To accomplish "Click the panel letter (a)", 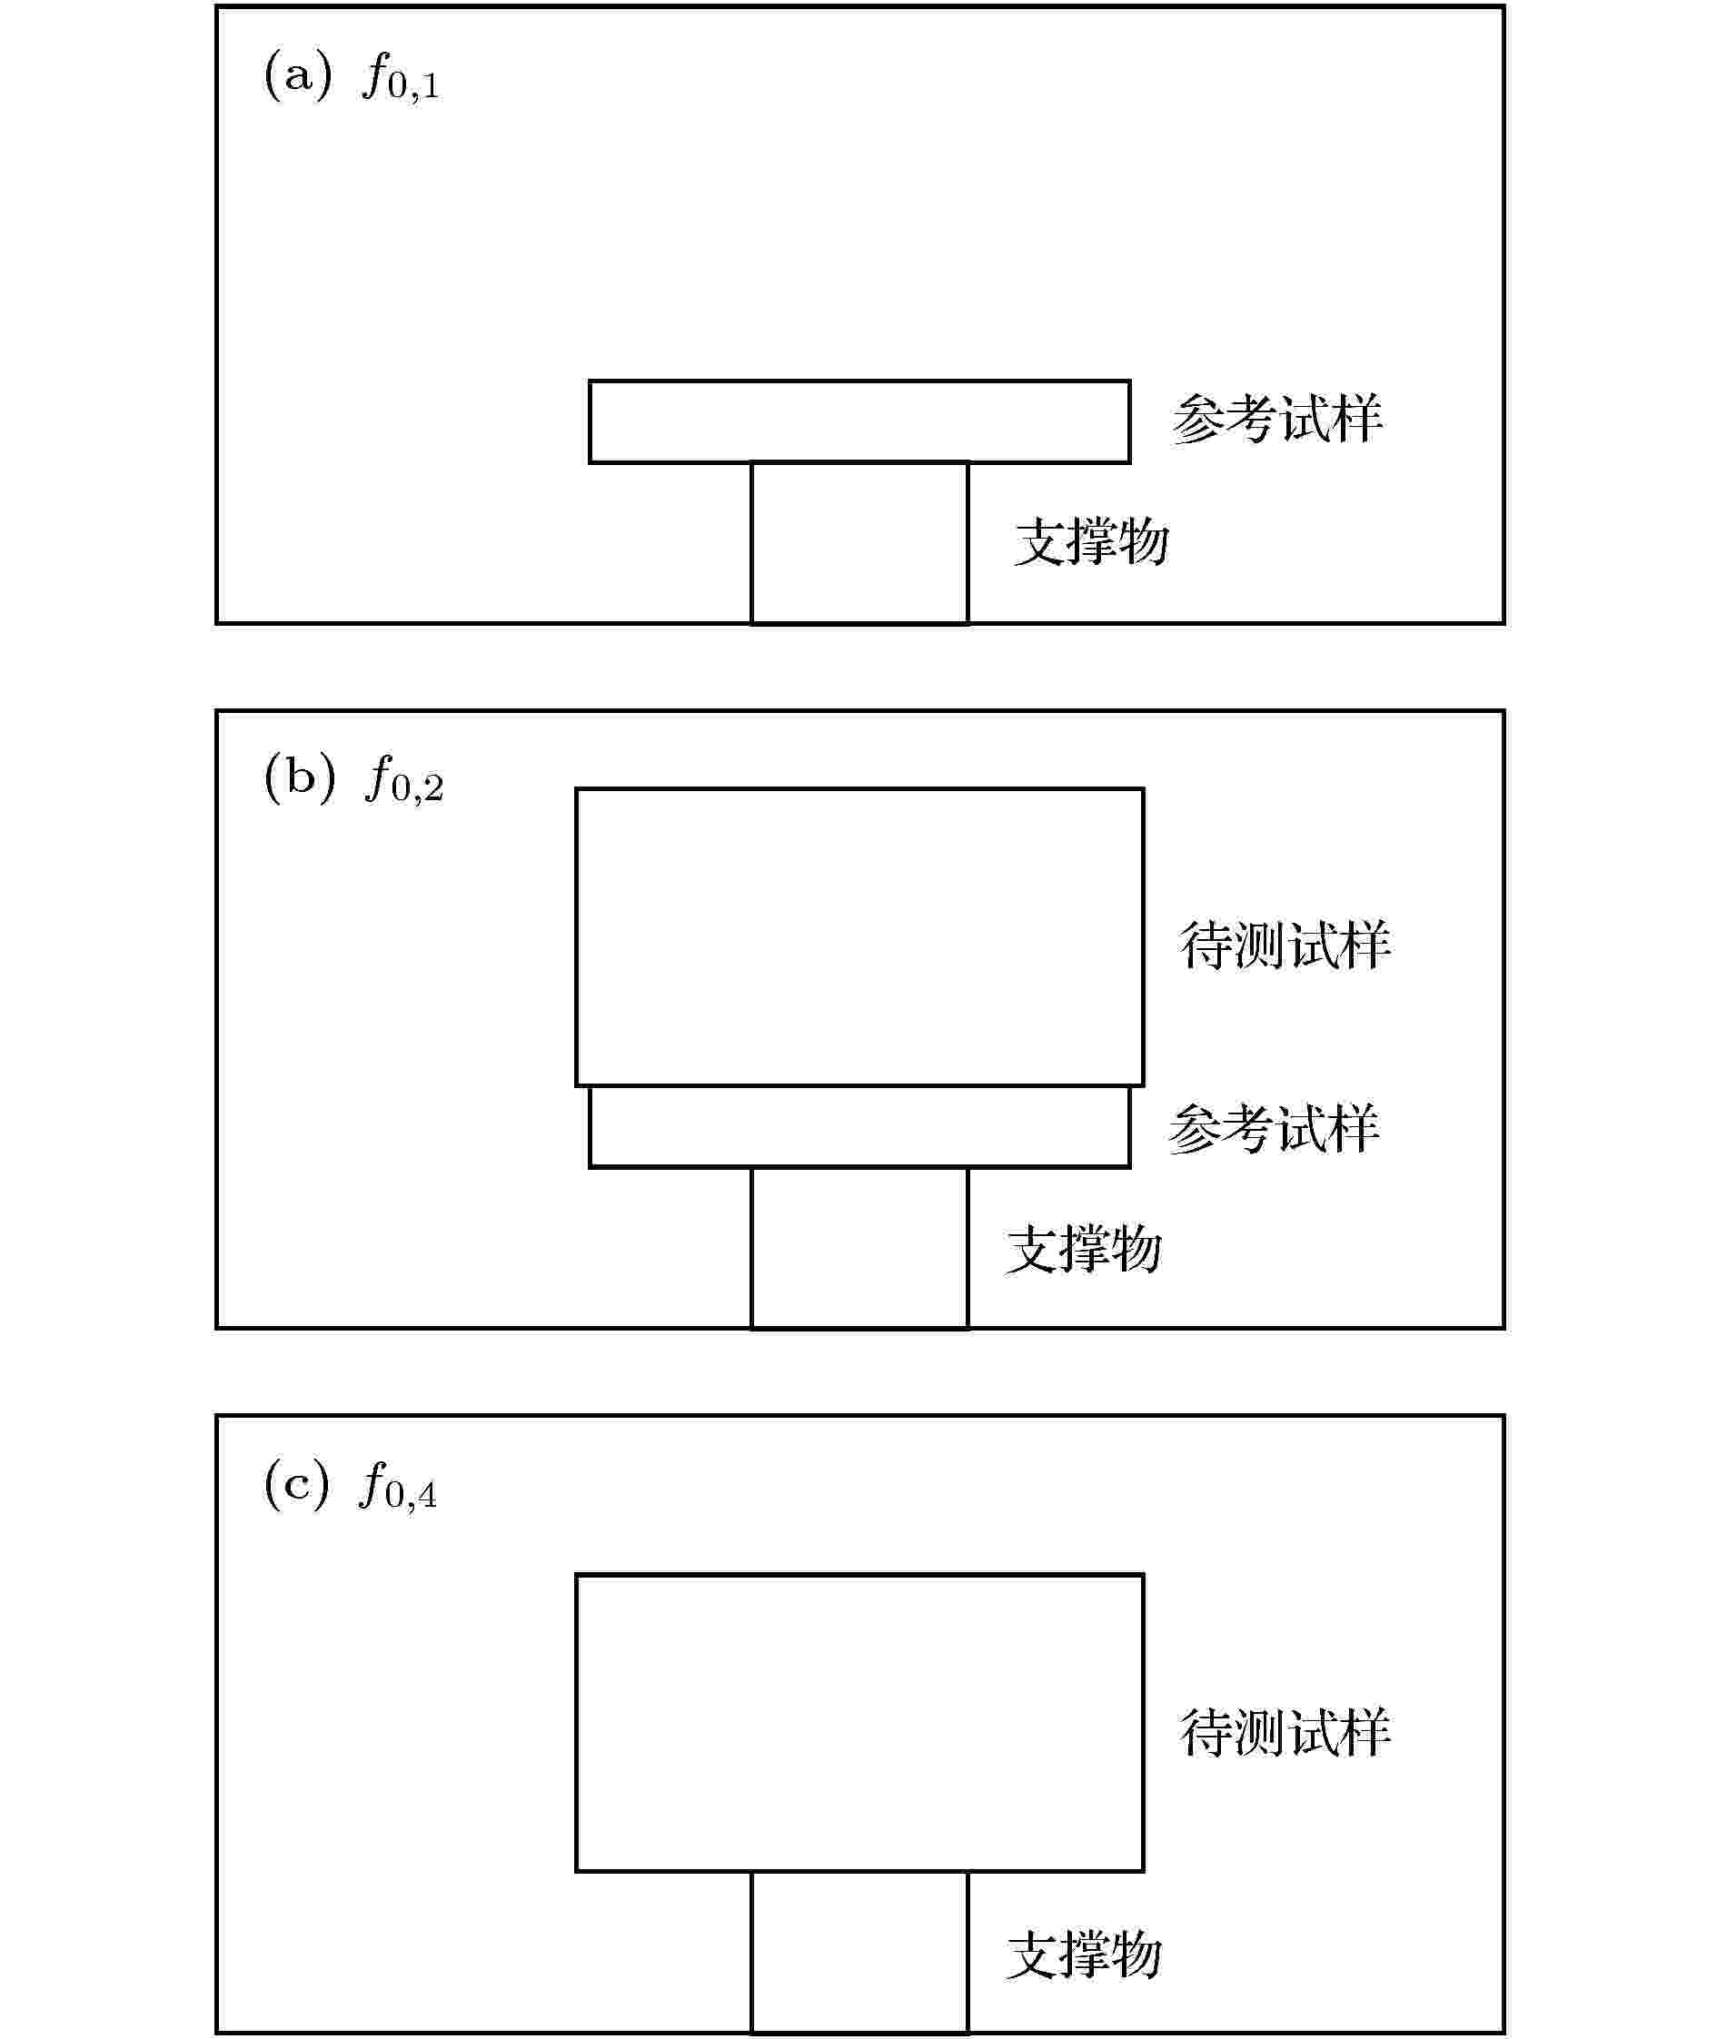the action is point(297,76).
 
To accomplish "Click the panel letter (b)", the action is point(299,778).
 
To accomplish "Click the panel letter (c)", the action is point(296,1485).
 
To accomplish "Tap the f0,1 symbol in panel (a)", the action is point(401,78).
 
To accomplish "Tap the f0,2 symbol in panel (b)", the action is point(404,780).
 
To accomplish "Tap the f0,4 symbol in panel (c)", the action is point(398,1487).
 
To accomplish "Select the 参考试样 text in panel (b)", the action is point(1274,1129).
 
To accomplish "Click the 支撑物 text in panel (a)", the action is point(1091,541).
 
